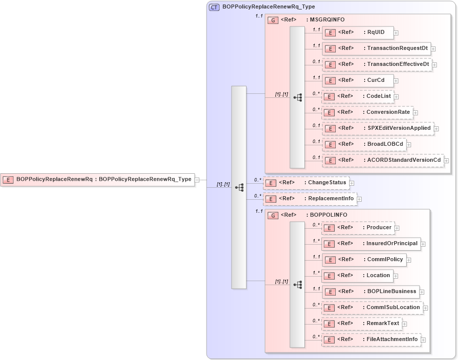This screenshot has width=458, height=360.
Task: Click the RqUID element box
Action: pyautogui.click(x=357, y=33)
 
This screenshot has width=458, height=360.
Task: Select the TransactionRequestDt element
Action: pyautogui.click(x=376, y=48)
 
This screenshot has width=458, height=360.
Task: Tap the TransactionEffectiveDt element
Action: pyautogui.click(x=377, y=64)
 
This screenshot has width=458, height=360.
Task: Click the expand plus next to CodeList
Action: pyautogui.click(x=396, y=96)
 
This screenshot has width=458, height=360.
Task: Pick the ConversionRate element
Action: pyautogui.click(x=367, y=112)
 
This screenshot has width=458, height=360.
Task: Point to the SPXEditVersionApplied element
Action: pyautogui.click(x=378, y=128)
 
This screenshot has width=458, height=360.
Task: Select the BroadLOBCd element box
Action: pyautogui.click(x=363, y=144)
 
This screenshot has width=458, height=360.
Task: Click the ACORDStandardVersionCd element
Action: pyautogui.click(x=383, y=160)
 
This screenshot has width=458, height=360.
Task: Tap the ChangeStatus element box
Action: pyautogui.click(x=306, y=183)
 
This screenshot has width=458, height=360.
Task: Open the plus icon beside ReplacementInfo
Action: pyautogui.click(x=359, y=199)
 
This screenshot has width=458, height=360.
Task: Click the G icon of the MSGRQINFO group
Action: pyautogui.click(x=273, y=20)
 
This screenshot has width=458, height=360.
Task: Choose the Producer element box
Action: pyautogui.click(x=358, y=228)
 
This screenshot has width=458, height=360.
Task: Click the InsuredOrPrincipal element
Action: pyautogui.click(x=371, y=244)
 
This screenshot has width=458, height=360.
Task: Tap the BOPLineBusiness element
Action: pyautogui.click(x=370, y=292)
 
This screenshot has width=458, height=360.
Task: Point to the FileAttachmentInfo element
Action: pyautogui.click(x=371, y=340)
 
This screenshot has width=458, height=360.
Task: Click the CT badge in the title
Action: pyautogui.click(x=214, y=7)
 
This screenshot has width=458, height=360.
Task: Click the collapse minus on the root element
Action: pyautogui.click(x=197, y=180)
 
